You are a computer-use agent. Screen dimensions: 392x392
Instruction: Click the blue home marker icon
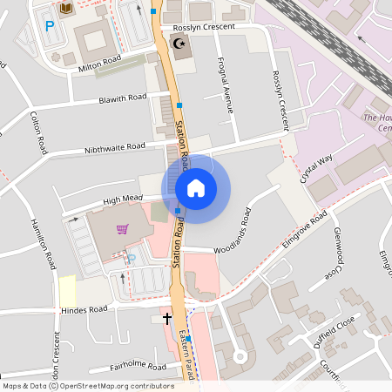click(196, 187)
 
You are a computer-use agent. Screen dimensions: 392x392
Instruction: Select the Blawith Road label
click(123, 98)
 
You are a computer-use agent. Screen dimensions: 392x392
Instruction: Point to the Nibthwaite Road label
click(115, 147)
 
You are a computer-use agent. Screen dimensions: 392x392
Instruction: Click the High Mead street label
click(122, 200)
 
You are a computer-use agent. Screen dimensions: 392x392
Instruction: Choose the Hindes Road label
click(84, 309)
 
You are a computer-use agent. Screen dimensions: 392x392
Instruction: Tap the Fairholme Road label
click(132, 367)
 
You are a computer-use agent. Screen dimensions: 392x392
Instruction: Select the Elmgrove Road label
click(304, 227)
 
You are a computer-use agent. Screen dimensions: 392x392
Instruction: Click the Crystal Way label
click(316, 168)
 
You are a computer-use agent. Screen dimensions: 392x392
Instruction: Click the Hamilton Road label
click(44, 243)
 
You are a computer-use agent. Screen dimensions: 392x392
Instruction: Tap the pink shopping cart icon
click(123, 230)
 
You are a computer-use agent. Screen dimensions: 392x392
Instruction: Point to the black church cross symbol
click(167, 319)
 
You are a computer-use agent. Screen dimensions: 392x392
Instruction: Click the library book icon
click(66, 8)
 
